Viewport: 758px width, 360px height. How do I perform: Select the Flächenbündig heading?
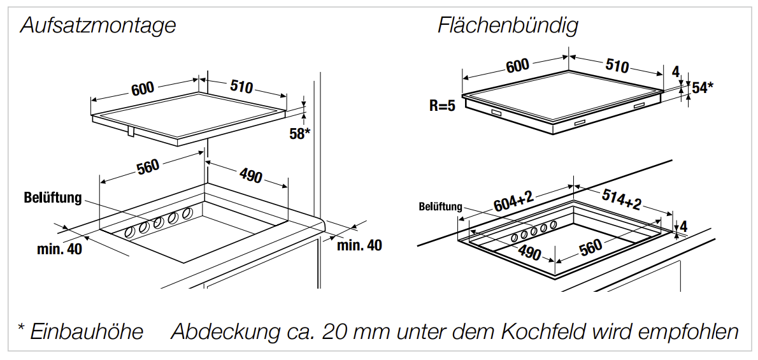click(x=508, y=26)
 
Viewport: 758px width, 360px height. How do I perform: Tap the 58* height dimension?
click(x=299, y=134)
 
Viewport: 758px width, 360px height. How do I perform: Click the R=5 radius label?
click(x=442, y=106)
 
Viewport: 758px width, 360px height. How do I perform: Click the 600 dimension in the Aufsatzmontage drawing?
click(x=143, y=88)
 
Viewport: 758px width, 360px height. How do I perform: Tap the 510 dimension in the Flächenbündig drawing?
click(x=616, y=66)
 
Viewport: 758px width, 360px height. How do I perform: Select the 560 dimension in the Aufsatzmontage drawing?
click(x=148, y=167)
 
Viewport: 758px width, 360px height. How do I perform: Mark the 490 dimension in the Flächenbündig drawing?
click(x=529, y=253)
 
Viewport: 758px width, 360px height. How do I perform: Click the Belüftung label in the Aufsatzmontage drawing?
click(x=54, y=198)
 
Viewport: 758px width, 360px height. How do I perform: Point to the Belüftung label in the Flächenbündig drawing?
click(x=440, y=207)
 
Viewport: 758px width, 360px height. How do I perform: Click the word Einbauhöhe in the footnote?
click(x=87, y=332)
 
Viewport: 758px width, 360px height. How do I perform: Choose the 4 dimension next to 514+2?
click(x=683, y=226)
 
